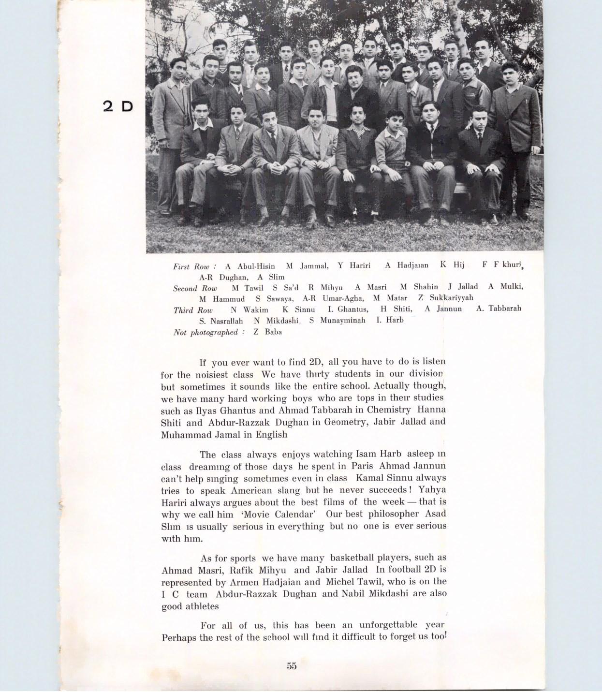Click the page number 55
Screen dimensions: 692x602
coord(292,666)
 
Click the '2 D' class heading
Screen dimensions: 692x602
coord(118,106)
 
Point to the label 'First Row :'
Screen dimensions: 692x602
coord(194,266)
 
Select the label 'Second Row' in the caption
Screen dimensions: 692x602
coord(195,288)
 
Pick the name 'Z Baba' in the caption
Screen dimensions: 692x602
coord(267,332)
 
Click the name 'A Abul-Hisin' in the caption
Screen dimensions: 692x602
coord(250,266)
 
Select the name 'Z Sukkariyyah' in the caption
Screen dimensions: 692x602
coord(446,297)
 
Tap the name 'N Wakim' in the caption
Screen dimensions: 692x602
coord(249,309)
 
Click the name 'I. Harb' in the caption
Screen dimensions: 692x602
coord(390,320)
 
